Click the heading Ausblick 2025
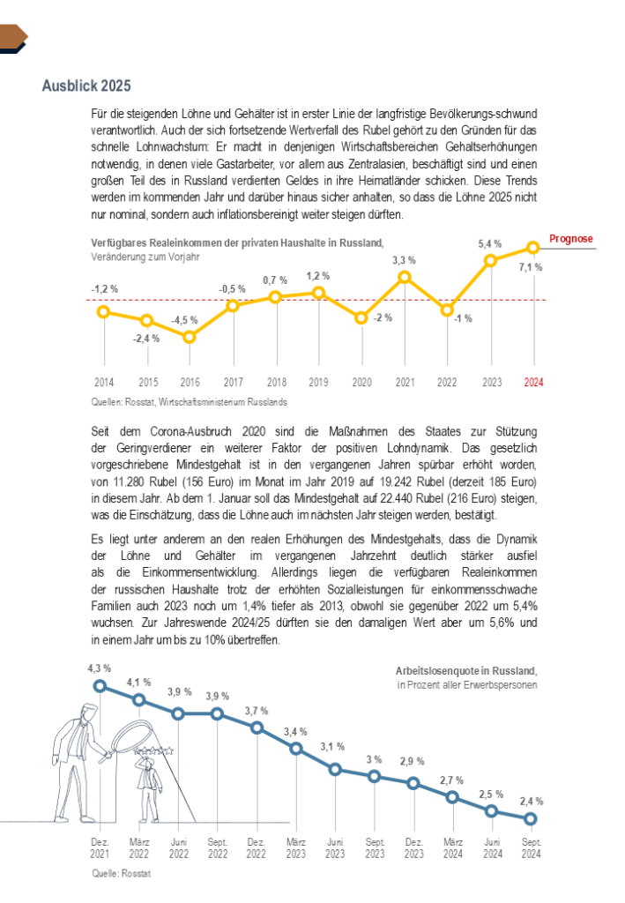(86, 86)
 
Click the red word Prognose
(571, 239)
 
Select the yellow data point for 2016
(190, 337)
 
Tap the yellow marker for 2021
(405, 277)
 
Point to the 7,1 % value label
(531, 267)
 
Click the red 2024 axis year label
(533, 383)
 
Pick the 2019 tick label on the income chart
(319, 383)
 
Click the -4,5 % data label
(185, 320)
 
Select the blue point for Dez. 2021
(100, 685)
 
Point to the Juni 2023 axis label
(335, 848)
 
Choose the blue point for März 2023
(296, 749)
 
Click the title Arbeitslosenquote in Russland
(466, 671)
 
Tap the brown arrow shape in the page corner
(13, 36)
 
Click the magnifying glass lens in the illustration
(124, 734)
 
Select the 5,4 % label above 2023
(490, 243)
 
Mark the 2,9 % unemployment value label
(413, 761)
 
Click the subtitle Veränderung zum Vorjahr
(145, 257)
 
